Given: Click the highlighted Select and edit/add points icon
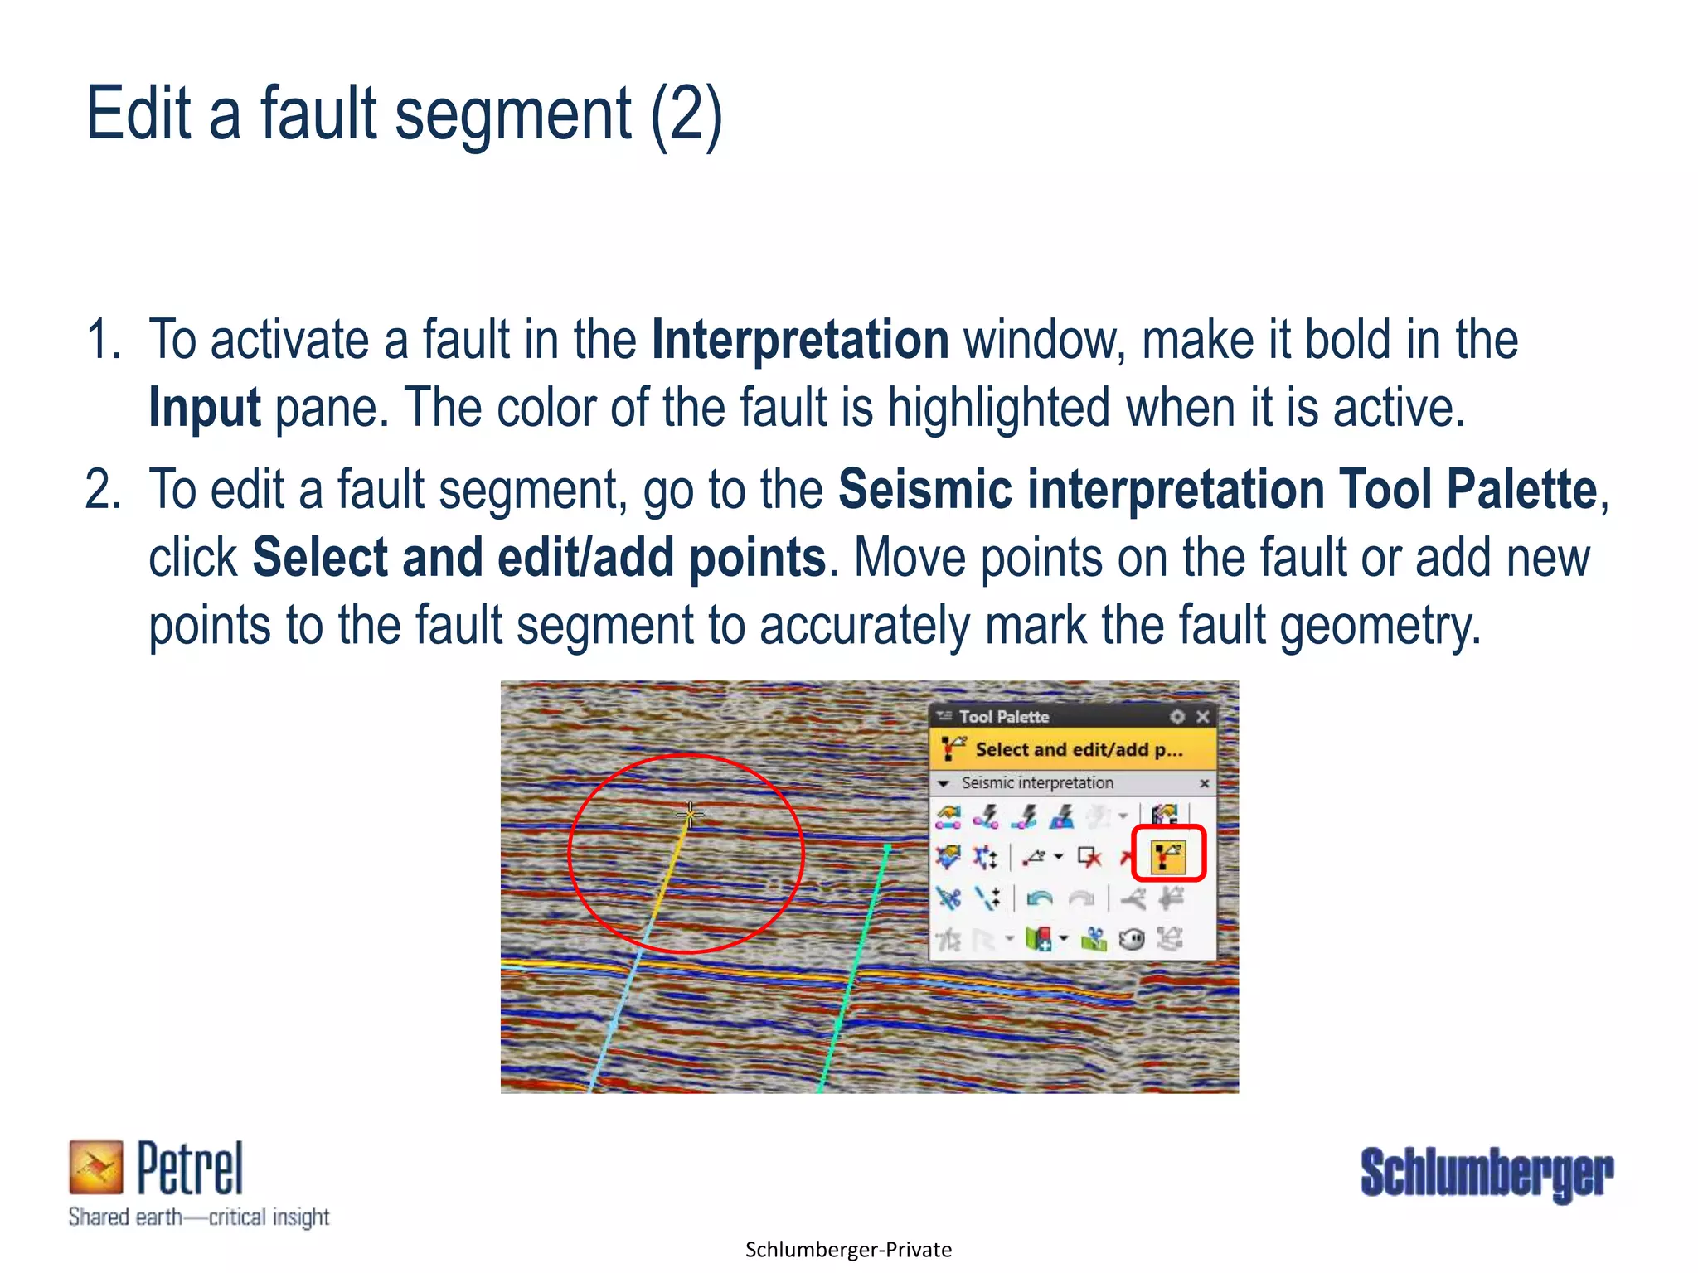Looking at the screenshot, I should (x=1167, y=855).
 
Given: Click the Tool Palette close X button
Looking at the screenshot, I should (x=1203, y=716).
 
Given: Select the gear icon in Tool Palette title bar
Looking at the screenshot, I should (x=1177, y=716).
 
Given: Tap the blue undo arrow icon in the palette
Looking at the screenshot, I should (x=1039, y=898).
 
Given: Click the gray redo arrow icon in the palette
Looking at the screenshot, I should (x=1081, y=898).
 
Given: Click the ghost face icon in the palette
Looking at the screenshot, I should (x=1132, y=940).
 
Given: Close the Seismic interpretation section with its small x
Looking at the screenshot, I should (x=1204, y=783).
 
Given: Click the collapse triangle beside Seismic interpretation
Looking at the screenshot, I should (x=943, y=783).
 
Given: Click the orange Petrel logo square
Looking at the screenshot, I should (x=95, y=1167).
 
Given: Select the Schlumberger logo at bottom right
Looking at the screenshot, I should (x=1487, y=1174).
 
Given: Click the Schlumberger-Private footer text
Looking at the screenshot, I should (x=848, y=1250).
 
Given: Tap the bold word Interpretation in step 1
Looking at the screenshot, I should (x=800, y=340).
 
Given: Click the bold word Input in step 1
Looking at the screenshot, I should (x=205, y=408).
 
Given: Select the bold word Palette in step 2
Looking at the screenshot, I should (x=1521, y=489).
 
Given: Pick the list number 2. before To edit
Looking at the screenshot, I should (x=103, y=489).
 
